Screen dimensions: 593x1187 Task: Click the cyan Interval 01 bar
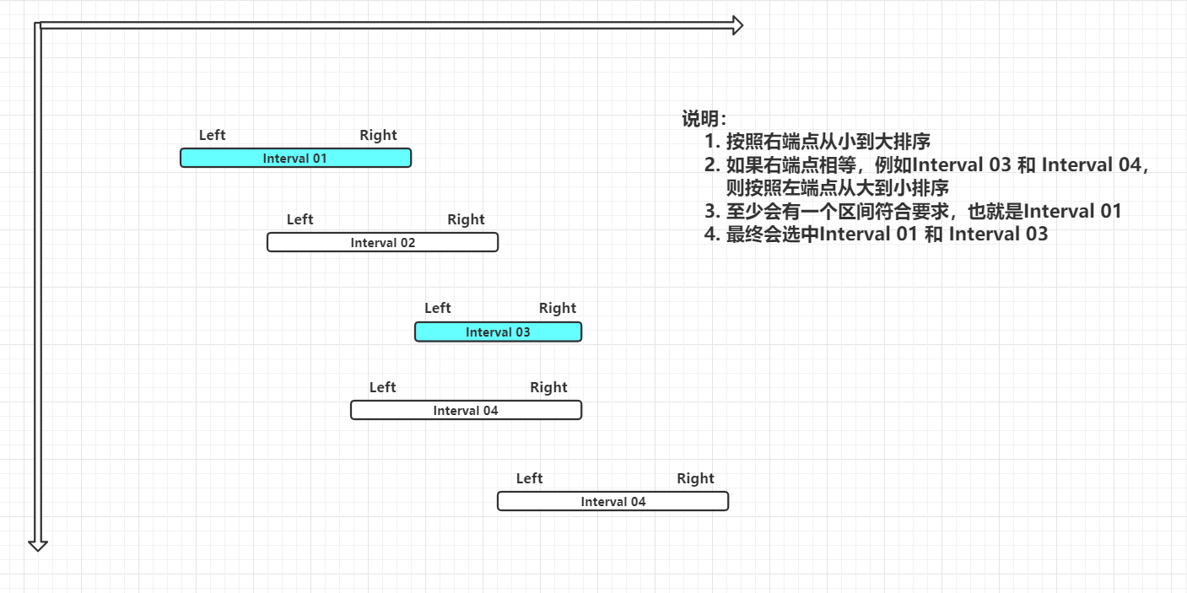295,158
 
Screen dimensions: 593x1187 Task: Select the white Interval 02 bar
382,242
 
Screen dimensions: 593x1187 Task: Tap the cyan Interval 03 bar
498,332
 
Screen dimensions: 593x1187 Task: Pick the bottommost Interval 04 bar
612,501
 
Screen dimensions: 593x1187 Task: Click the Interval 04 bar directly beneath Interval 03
466,410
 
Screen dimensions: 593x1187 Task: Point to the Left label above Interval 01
213,135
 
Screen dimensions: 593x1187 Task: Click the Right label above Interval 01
378,135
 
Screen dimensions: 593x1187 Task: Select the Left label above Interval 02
299,219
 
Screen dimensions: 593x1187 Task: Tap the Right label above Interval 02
466,219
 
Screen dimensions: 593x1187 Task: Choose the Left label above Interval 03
438,308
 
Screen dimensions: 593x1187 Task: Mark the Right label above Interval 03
558,308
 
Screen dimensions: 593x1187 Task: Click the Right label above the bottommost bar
695,478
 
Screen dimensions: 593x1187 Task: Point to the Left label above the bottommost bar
529,478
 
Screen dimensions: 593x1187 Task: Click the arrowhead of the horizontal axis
736,25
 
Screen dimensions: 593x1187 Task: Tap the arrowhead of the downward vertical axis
37,544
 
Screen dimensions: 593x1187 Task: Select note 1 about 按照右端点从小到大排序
817,142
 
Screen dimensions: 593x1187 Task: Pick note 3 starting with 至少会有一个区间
913,211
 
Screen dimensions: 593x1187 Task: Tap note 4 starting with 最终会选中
876,234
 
